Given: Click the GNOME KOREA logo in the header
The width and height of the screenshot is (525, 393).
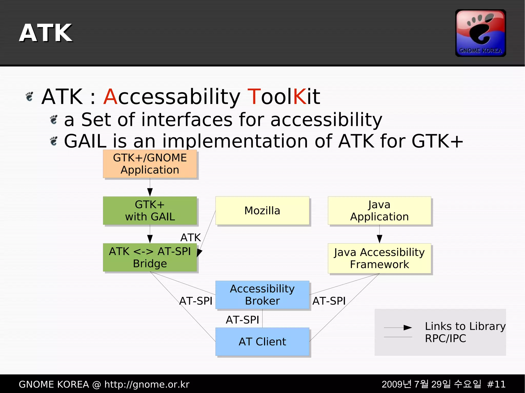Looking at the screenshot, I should [x=480, y=33].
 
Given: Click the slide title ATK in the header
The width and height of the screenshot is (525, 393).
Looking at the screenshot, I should [x=46, y=33].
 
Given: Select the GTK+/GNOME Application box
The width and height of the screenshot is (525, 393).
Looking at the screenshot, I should [x=150, y=164].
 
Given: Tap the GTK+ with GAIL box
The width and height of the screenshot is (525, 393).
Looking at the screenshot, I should [x=150, y=210].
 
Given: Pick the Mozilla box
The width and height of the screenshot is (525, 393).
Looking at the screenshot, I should [x=262, y=210].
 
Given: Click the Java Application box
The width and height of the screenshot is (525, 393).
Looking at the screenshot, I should [x=379, y=210].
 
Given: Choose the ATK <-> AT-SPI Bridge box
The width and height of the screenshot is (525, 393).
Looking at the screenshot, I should [x=150, y=257].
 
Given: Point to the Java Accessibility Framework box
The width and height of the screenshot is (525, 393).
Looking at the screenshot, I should [x=379, y=258].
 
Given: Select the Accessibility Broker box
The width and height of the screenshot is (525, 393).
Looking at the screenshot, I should [x=262, y=295].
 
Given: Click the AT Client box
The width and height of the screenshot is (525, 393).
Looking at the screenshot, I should [x=262, y=342].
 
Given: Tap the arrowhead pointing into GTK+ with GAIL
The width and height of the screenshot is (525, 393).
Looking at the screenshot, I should [x=150, y=192].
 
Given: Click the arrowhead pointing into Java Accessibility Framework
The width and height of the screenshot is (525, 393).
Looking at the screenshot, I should [x=380, y=239].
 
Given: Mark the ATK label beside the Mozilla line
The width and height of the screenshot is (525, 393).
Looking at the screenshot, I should [x=190, y=238].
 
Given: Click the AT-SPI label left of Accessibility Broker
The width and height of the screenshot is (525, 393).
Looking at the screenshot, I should [x=196, y=301].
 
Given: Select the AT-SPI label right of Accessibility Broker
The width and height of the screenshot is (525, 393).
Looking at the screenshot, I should [x=329, y=301].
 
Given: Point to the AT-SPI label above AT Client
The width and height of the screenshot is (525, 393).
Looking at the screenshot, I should [x=242, y=320].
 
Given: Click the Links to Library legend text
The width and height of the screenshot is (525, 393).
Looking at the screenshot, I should [x=465, y=326].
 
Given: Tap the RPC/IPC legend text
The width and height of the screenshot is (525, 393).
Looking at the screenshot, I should [x=446, y=338].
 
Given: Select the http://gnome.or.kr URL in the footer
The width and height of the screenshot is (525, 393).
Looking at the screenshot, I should [x=147, y=384].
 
